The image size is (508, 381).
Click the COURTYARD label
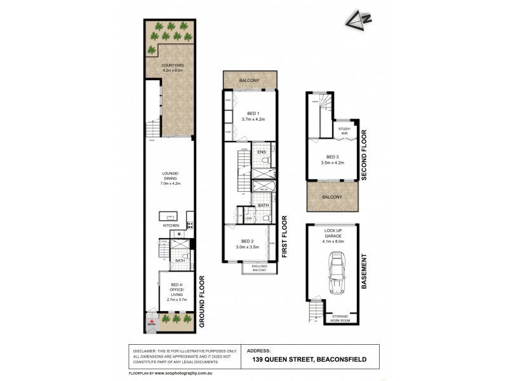point(168,66)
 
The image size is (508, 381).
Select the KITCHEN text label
point(170,225)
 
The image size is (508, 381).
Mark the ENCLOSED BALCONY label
point(260,268)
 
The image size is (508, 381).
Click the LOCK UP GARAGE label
point(333,235)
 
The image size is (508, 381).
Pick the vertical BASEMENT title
point(364,272)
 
